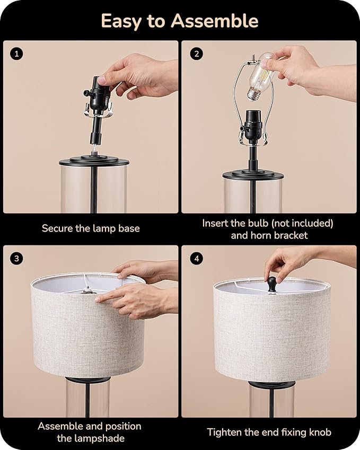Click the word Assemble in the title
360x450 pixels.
tap(215, 21)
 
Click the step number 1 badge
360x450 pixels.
tap(16, 54)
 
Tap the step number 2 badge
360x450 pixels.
tap(197, 54)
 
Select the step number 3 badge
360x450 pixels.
tap(16, 259)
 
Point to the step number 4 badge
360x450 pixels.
tap(197, 259)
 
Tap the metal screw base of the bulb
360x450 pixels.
tap(253, 94)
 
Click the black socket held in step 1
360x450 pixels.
tap(98, 95)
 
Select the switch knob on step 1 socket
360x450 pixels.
tap(85, 93)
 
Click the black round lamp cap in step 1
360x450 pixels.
tap(94, 160)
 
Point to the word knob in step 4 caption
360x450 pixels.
tap(320, 432)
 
